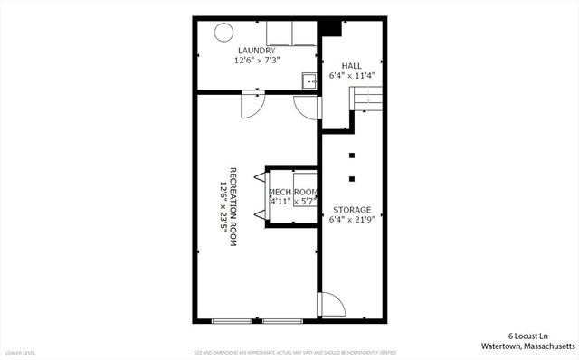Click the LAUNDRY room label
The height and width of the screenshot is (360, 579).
pyautogui.click(x=257, y=51)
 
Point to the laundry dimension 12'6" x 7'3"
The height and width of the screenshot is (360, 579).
pyautogui.click(x=257, y=61)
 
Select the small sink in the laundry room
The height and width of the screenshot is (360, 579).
pyautogui.click(x=309, y=81)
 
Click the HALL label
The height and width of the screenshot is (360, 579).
pyautogui.click(x=351, y=66)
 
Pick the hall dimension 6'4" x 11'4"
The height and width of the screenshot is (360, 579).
pyautogui.click(x=351, y=76)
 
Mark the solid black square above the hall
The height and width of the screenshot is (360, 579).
pyautogui.click(x=330, y=28)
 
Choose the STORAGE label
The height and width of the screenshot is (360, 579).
pyautogui.click(x=351, y=209)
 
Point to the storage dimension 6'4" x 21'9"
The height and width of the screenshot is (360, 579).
pyautogui.click(x=351, y=219)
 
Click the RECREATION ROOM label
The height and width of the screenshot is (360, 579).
pyautogui.click(x=233, y=207)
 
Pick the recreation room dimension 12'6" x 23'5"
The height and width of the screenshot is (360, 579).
pyautogui.click(x=222, y=207)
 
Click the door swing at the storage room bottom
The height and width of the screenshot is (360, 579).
pyautogui.click(x=332, y=303)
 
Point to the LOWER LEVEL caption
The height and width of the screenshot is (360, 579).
pyautogui.click(x=20, y=352)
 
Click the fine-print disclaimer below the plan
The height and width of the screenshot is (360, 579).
pyautogui.click(x=295, y=352)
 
